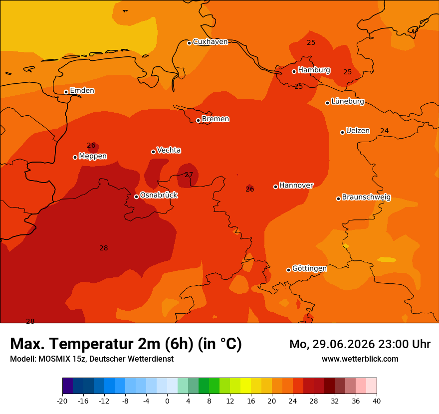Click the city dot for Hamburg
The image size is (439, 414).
tap(294, 72)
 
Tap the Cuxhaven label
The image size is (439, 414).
tap(210, 42)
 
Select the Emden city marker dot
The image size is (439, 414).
tap(66, 92)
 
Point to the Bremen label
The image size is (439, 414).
tap(216, 119)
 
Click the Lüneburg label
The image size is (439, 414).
tap(348, 101)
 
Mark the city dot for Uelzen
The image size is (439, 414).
tap(342, 132)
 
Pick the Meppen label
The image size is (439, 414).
tap(93, 156)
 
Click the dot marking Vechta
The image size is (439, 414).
tap(154, 152)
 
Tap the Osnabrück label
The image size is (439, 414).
tap(159, 195)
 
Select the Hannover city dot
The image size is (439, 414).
tap(275, 187)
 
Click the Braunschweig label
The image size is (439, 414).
tap(366, 197)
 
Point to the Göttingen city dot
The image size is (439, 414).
tap(288, 270)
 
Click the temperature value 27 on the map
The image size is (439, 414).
tap(189, 175)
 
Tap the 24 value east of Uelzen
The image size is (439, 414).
tap(385, 131)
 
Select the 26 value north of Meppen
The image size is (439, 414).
tap(91, 145)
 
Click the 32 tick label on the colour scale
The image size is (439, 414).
tap(335, 402)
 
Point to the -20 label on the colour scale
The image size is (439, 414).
tap(62, 402)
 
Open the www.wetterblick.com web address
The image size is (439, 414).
tap(360, 359)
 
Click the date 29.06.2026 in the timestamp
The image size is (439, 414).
tap(344, 344)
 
